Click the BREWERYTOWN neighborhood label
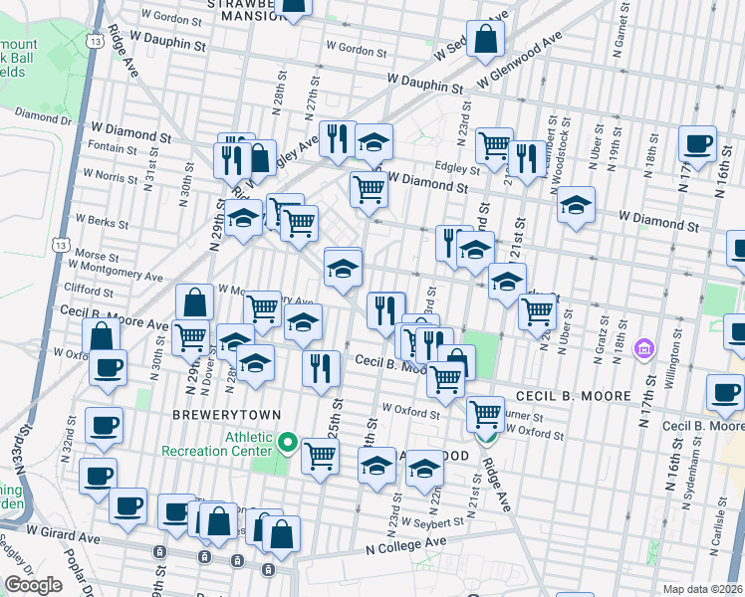[225, 414]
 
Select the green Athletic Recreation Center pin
[289, 442]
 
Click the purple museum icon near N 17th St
[644, 349]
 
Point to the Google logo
[33, 585]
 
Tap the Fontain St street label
[112, 148]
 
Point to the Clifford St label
[89, 291]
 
